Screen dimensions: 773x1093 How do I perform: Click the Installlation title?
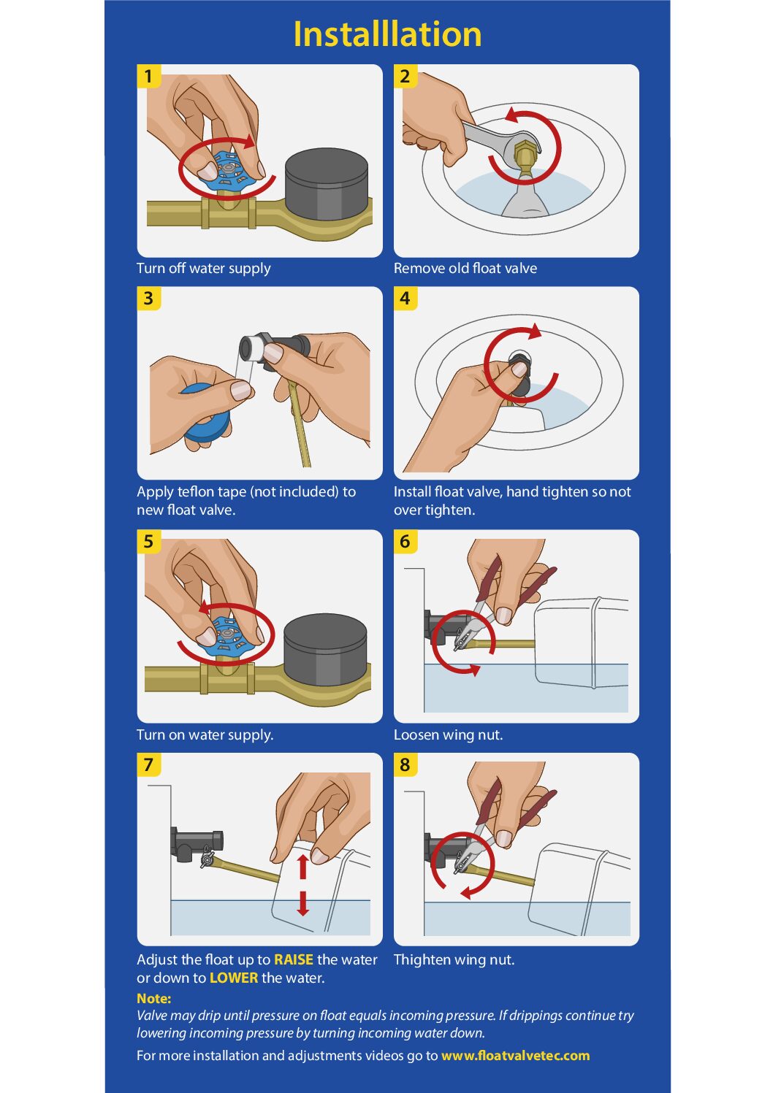[387, 34]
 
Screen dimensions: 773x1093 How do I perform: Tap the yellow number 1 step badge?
[148, 76]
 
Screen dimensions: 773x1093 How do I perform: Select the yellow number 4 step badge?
[405, 298]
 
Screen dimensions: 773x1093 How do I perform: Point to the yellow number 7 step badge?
[148, 764]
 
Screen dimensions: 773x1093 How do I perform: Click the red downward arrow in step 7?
[302, 904]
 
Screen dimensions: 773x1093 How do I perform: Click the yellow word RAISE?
[294, 959]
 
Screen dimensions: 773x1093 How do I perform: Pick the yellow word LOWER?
[233, 978]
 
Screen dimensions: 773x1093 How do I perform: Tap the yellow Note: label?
[154, 998]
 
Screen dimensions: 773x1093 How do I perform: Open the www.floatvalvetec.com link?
[515, 1056]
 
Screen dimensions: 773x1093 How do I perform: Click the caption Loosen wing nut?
[449, 735]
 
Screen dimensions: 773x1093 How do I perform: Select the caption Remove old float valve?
[465, 268]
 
